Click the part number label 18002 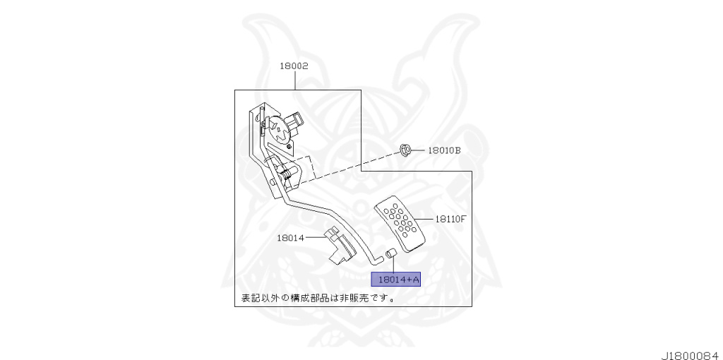[294, 66]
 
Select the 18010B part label [444, 150]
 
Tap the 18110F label [450, 219]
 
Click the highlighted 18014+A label [395, 280]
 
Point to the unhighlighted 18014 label [291, 238]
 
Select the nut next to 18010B [406, 150]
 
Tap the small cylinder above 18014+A [393, 253]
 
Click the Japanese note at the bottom [318, 298]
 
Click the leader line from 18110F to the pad [425, 219]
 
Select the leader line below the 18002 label [294, 80]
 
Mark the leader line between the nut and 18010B [419, 150]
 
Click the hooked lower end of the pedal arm [374, 258]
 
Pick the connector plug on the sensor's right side [299, 122]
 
